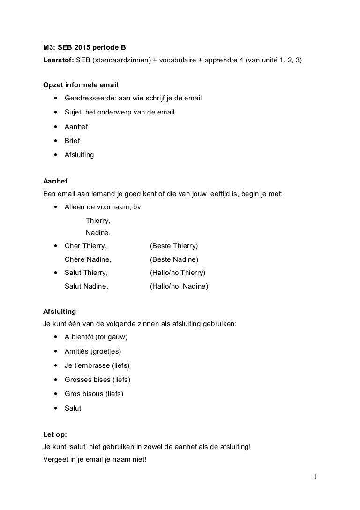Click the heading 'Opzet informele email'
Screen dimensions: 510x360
point(80,85)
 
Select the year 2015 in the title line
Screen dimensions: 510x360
point(86,47)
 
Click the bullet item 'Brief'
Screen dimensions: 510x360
point(72,140)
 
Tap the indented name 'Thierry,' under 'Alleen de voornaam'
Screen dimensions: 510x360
point(98,220)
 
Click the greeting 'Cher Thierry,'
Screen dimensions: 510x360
point(86,246)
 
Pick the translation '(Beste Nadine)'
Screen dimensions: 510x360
point(174,259)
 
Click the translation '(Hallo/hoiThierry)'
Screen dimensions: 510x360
point(178,273)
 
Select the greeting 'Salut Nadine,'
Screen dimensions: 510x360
point(86,286)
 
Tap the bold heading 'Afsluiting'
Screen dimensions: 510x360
point(59,311)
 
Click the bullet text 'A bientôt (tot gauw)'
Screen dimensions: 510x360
point(96,337)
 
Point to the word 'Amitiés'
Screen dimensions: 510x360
point(76,351)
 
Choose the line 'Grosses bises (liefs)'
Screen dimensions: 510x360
point(97,379)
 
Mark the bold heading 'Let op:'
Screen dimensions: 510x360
point(54,434)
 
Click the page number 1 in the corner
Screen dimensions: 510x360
point(315,477)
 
